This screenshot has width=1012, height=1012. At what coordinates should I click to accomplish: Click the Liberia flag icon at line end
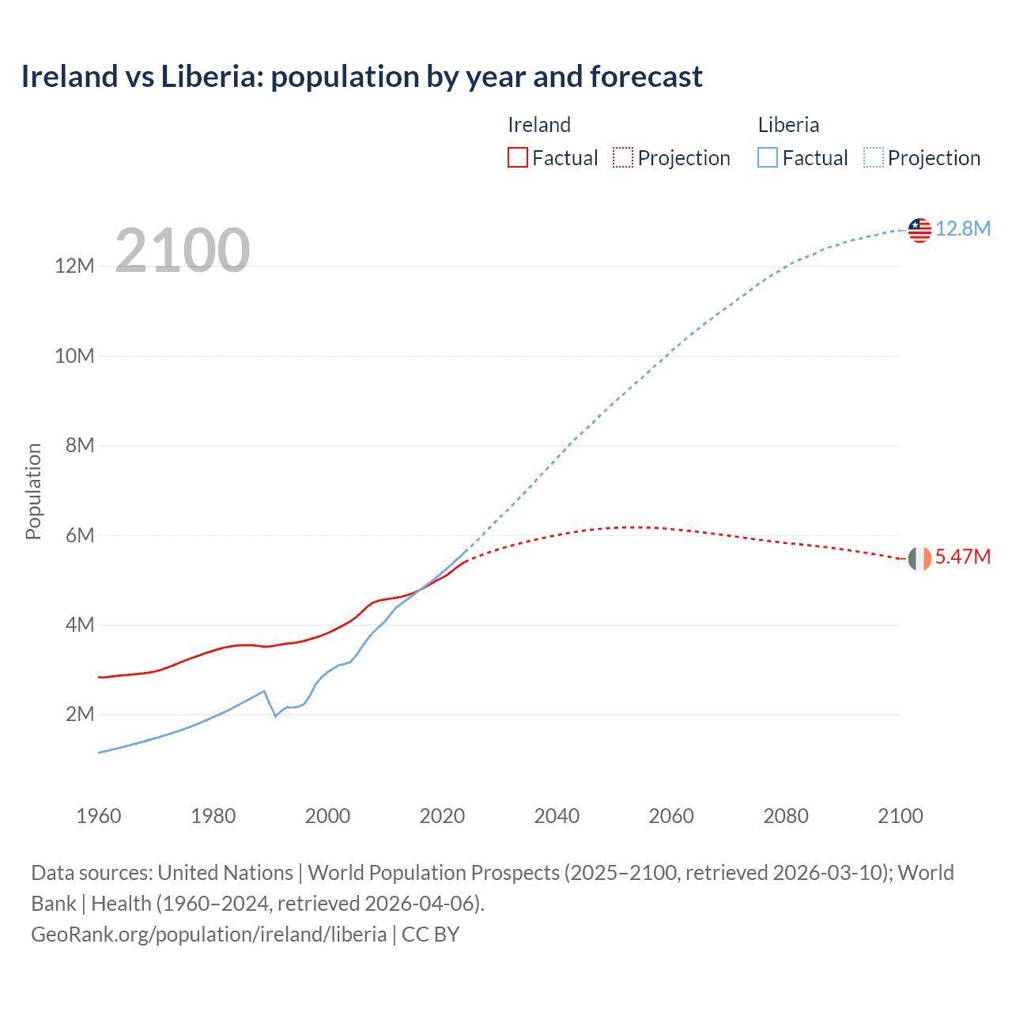click(x=919, y=230)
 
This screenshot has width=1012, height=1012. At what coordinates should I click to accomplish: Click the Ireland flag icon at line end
click(x=919, y=558)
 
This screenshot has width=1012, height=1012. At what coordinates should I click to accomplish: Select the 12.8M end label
click(x=963, y=228)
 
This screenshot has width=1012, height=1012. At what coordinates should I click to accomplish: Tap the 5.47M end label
click(x=963, y=557)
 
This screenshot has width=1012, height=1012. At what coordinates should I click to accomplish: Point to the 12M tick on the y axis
click(x=74, y=266)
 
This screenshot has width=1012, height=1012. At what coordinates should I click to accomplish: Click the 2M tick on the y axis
click(x=80, y=715)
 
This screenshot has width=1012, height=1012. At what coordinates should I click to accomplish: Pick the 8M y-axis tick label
click(x=80, y=445)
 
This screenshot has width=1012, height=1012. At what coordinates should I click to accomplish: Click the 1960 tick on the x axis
click(x=99, y=816)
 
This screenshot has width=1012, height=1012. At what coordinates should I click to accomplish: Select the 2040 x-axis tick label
click(x=557, y=816)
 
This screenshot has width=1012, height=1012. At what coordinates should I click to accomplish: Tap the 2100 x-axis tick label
click(x=900, y=816)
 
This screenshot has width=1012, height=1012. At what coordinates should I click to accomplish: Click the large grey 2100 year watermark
click(x=183, y=251)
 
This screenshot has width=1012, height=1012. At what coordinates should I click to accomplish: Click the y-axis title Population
click(x=33, y=491)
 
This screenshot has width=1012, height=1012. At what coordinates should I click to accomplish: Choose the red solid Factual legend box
click(x=518, y=157)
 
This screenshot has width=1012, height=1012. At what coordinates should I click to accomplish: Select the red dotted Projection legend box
click(x=623, y=157)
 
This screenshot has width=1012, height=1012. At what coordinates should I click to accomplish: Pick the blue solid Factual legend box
click(x=768, y=157)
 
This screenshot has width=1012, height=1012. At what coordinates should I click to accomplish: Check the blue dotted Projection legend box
click(x=874, y=157)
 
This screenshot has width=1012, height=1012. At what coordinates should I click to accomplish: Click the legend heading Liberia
click(x=788, y=125)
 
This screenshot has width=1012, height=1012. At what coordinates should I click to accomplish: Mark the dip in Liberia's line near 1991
click(x=275, y=715)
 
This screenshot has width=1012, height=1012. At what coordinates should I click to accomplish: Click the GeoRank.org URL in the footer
click(x=209, y=935)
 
